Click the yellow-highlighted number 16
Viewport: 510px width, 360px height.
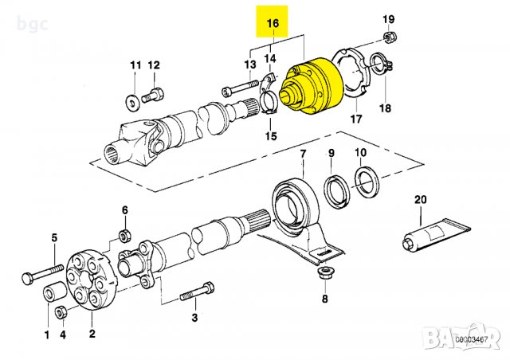272,25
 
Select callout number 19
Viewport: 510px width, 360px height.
388,18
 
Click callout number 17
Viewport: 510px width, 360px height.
355,119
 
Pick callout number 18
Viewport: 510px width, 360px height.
386,108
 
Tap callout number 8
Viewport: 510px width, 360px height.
325,299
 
